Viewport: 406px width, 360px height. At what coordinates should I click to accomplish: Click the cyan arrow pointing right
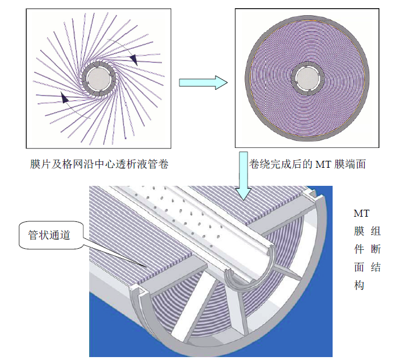pos(203,83)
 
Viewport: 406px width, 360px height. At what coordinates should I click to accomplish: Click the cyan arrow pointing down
pos(243,175)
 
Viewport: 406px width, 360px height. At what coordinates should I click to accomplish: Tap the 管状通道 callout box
pos(51,235)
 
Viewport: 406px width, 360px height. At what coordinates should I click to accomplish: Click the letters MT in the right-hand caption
pos(362,213)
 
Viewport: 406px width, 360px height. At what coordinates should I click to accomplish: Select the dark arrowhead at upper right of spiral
pos(133,59)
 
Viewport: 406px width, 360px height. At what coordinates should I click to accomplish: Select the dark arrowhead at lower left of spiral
pos(65,97)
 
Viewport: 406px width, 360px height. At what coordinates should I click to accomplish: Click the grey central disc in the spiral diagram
pos(98,79)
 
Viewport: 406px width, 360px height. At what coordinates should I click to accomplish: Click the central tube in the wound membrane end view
pos(308,77)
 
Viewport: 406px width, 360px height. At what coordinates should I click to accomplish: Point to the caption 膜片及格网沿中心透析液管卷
pos(99,164)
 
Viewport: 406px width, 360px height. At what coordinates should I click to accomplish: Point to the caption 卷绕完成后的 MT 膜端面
pos(308,164)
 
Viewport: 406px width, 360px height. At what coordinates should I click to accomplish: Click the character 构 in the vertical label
pos(359,285)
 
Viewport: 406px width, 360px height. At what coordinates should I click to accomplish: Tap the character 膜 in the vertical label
pos(359,231)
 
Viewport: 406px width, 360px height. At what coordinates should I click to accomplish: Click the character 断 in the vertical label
pos(376,249)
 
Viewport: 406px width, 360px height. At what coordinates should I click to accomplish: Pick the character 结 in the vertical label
pos(376,267)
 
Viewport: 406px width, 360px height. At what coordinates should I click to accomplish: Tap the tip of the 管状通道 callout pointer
pos(147,267)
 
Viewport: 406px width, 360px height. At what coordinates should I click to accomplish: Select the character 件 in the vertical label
pos(359,249)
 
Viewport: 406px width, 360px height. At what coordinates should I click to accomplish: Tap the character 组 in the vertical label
pos(376,231)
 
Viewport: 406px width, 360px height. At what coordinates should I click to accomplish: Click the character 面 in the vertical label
pos(359,267)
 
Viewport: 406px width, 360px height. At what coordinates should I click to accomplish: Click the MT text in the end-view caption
pos(323,164)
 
